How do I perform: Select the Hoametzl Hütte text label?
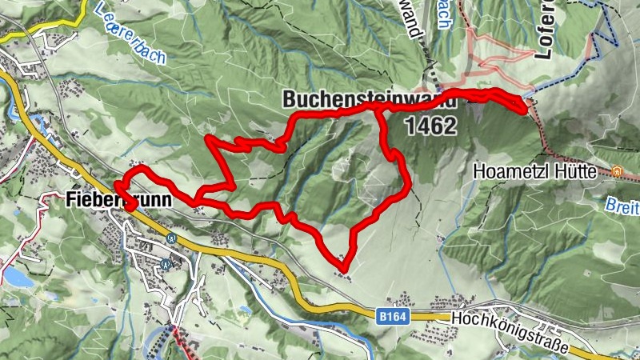point(540,171)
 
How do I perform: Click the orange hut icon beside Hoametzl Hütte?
point(617,171)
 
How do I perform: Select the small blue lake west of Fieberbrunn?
point(18,277)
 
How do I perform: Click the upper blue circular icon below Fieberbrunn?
point(170,238)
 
